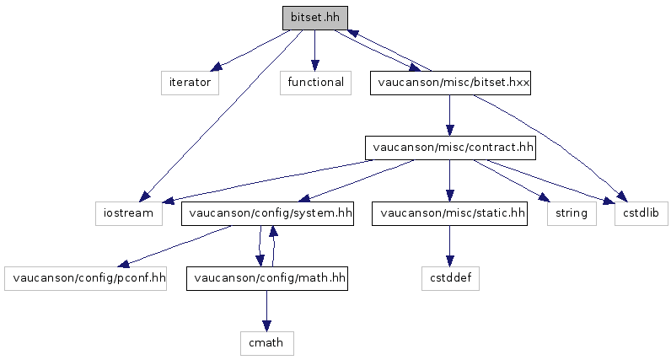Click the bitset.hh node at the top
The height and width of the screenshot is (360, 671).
(315, 18)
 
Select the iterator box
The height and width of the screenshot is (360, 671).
(190, 83)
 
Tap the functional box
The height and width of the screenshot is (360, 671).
(315, 83)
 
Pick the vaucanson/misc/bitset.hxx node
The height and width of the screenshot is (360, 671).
(450, 83)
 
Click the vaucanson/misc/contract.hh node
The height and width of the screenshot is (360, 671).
(450, 148)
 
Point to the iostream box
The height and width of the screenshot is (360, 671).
(129, 213)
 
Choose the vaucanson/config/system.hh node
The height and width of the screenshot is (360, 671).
(267, 213)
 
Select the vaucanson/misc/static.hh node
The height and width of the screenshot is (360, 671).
(449, 213)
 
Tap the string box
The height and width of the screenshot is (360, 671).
(572, 213)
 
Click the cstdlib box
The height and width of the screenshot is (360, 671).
(641, 213)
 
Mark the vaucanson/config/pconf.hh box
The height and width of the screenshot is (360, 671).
(86, 278)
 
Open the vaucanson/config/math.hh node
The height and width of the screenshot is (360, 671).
(267, 278)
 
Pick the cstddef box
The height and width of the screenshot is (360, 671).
(450, 278)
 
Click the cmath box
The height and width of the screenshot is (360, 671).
(267, 343)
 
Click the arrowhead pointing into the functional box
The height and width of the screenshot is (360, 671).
(315, 66)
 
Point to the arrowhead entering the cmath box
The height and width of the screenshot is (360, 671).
(266, 326)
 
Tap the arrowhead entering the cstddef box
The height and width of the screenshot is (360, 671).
(449, 261)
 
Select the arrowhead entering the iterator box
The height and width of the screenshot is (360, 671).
(217, 67)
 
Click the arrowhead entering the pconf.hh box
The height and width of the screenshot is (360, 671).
(124, 263)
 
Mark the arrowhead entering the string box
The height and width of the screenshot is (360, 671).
(544, 197)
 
